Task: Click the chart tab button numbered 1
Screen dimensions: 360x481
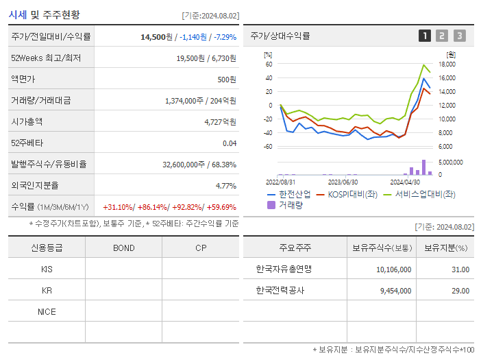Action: click(425, 36)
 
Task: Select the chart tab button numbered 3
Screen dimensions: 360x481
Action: click(459, 36)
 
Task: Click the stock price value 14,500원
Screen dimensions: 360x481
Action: click(158, 36)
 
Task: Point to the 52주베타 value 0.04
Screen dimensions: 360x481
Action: click(229, 143)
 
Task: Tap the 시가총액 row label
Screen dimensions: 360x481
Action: click(27, 121)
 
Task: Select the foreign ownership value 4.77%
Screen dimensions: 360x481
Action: click(225, 185)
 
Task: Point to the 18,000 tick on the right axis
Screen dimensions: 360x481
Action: click(447, 64)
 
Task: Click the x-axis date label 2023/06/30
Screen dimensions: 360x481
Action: click(343, 182)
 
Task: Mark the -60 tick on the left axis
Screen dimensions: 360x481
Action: click(268, 147)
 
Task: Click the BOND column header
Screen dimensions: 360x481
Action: click(123, 248)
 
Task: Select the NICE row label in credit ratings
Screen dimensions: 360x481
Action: click(47, 311)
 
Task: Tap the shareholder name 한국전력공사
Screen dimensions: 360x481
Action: click(280, 290)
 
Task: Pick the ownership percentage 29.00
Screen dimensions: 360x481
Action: click(460, 290)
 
